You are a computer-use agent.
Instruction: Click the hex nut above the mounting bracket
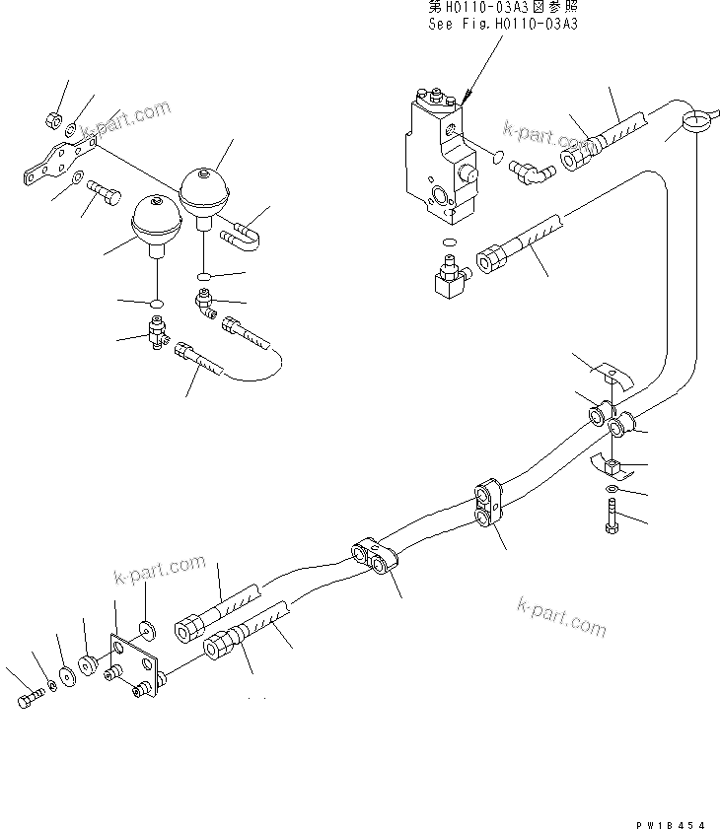click(x=54, y=121)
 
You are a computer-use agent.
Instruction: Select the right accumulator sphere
click(x=204, y=189)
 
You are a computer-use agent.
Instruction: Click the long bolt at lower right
click(x=611, y=518)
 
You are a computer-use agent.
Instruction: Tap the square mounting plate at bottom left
click(x=134, y=667)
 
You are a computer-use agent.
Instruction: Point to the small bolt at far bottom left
click(x=30, y=700)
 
